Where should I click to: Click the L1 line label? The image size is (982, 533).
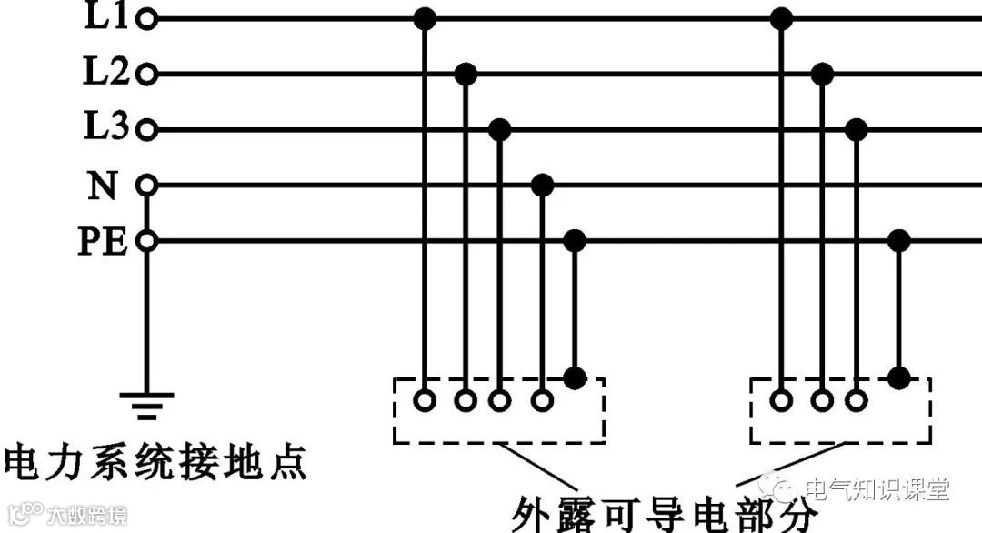[x=107, y=17]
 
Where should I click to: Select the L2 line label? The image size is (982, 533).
[x=107, y=74]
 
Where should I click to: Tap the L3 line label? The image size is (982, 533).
[x=107, y=129]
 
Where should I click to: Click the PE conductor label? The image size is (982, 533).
[x=102, y=242]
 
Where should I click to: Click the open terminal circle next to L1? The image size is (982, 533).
[x=146, y=18]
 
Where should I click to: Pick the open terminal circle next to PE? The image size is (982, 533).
[x=146, y=242]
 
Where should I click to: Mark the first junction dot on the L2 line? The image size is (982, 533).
[x=466, y=74]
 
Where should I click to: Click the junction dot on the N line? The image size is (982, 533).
[x=542, y=186]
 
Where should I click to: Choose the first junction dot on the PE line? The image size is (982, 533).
[x=574, y=241]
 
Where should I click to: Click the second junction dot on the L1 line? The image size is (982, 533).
[x=781, y=18]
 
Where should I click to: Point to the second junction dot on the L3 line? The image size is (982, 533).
[x=856, y=130]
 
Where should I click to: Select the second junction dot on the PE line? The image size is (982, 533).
[x=898, y=241]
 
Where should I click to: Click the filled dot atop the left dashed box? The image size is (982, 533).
[x=574, y=377]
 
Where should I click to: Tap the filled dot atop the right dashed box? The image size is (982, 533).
[x=898, y=377]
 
